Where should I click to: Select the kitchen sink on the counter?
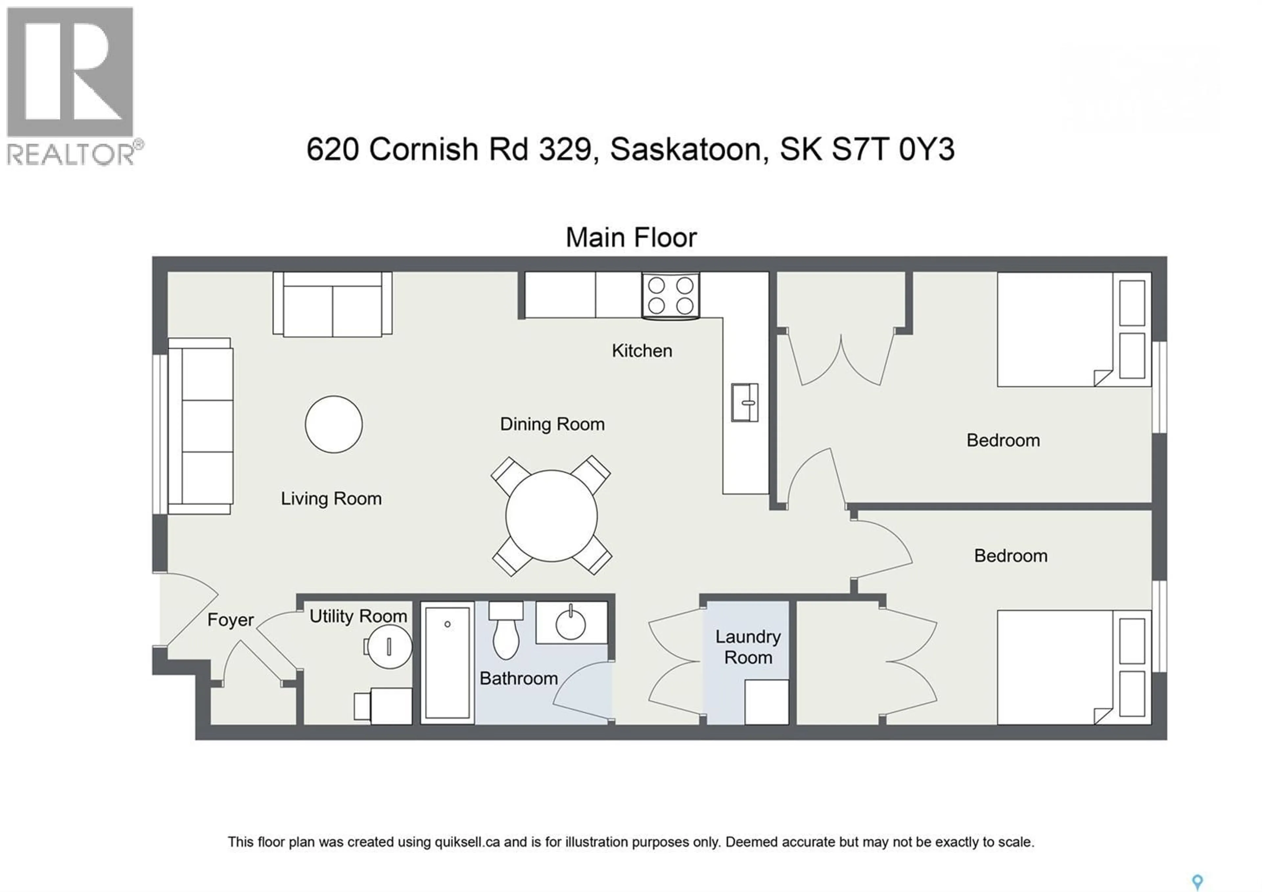tap(744, 403)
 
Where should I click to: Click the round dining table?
tap(551, 515)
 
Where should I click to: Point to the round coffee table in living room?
tap(334, 424)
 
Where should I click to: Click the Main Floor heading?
tap(631, 237)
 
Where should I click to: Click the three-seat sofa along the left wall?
tap(200, 426)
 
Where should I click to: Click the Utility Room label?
tap(358, 616)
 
